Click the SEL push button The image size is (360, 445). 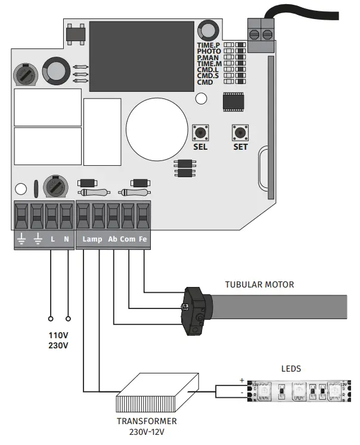200,131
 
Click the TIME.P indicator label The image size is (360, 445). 209,45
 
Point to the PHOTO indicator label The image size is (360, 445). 209,52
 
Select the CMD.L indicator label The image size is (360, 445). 209,70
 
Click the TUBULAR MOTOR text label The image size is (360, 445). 259,285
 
